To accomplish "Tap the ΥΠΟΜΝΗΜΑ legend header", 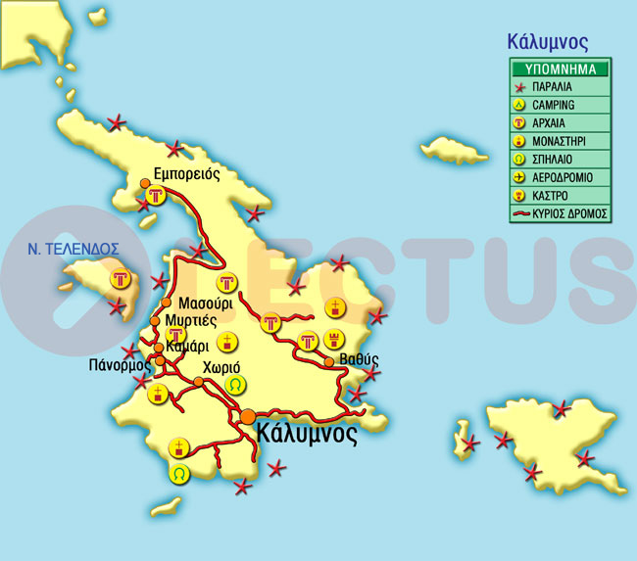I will (561, 70).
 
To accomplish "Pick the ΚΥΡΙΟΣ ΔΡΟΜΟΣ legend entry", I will (570, 212).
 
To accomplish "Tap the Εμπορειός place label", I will (180, 174).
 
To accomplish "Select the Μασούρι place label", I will (207, 303).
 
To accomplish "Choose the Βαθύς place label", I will (359, 359).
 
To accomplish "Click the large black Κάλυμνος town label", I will (306, 434).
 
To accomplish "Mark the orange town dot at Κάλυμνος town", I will (248, 417).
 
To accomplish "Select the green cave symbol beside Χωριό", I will (234, 385).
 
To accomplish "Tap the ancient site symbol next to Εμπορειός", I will (154, 197).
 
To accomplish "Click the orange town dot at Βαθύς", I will (329, 362).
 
